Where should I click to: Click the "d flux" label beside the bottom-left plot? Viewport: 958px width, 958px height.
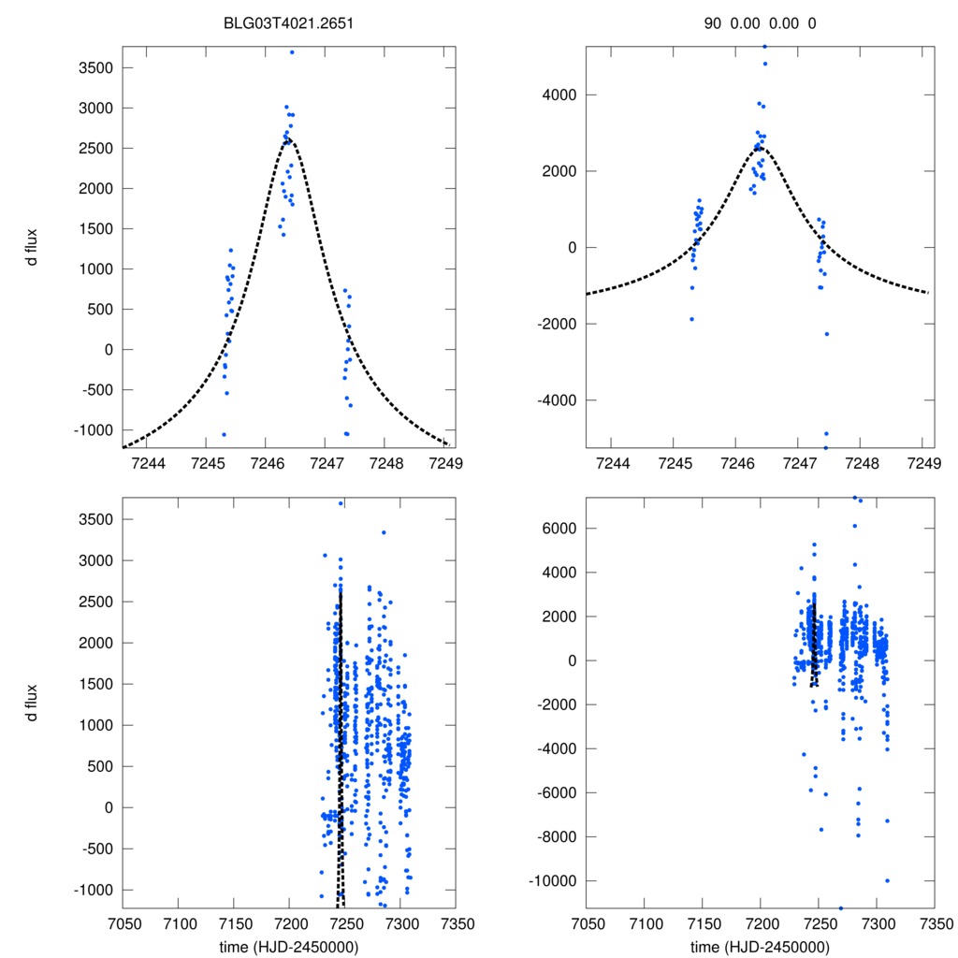(33, 703)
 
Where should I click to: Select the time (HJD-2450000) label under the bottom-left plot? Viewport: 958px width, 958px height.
(288, 946)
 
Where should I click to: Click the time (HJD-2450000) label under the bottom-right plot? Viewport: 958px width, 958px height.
(760, 946)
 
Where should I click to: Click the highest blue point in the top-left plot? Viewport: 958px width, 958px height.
(292, 52)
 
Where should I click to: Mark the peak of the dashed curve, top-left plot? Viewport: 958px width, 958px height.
(287, 139)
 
